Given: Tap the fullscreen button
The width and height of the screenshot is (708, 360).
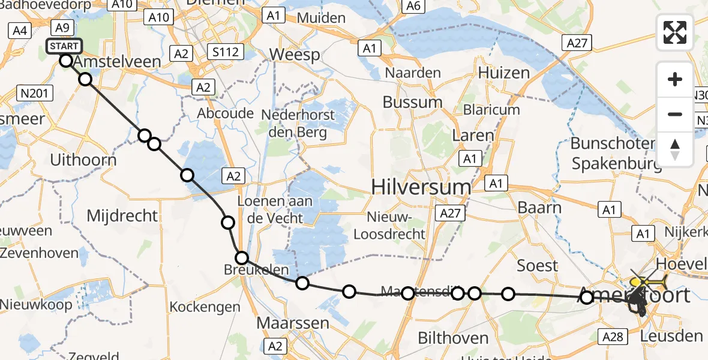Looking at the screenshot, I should pos(675,32).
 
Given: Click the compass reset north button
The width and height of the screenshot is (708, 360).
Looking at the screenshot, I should pos(675,149).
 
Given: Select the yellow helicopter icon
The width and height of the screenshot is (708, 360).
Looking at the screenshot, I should pos(647,281).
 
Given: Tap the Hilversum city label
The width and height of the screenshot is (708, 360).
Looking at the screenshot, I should pos(421,187).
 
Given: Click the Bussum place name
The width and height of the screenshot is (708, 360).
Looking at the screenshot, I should pos(412,102).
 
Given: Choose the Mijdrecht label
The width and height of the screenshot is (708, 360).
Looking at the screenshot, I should pos(122,215).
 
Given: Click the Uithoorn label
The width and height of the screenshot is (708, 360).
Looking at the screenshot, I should pos(83,160).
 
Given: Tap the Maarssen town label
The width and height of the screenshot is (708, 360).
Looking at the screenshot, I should pos(293,323).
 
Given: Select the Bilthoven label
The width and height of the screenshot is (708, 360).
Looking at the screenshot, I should pos(452,338).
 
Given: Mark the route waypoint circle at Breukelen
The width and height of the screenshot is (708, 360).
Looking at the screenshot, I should pos(242,258).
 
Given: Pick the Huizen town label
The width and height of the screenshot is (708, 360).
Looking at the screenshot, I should pos(504,73).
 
